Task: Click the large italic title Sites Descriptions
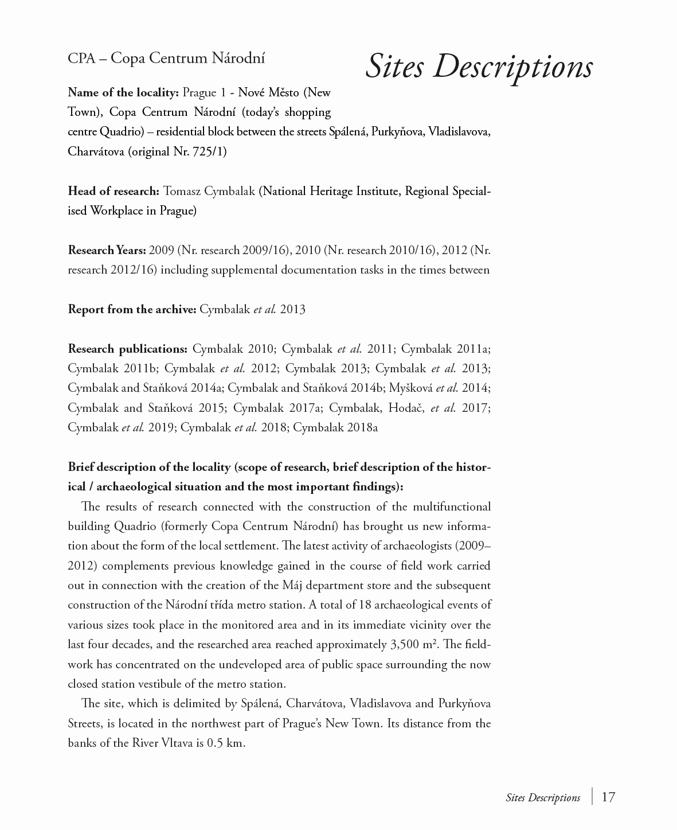click(x=479, y=66)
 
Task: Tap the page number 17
click(x=608, y=797)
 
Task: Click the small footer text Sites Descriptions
click(x=542, y=798)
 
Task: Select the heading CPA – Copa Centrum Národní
click(x=166, y=58)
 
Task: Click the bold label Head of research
click(x=113, y=191)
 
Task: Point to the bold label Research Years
click(x=107, y=250)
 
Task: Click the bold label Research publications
click(x=127, y=349)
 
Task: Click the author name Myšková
click(x=410, y=388)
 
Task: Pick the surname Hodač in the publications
click(x=406, y=408)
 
